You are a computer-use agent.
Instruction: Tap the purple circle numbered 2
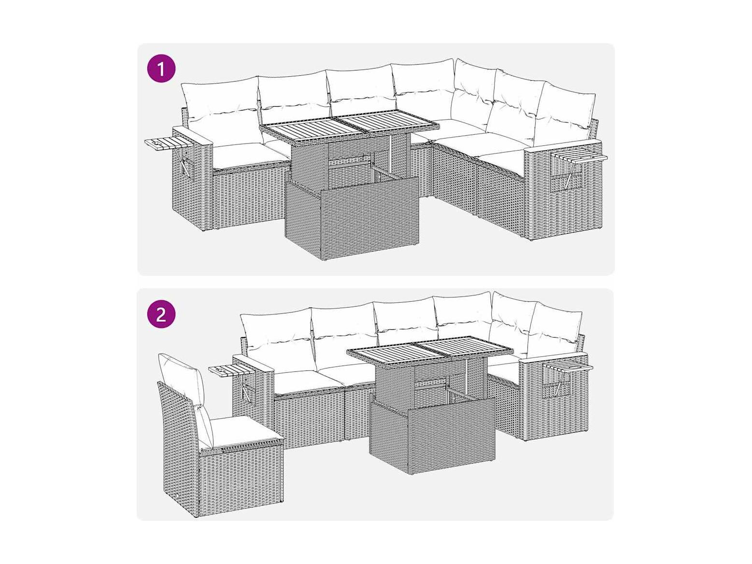(x=161, y=313)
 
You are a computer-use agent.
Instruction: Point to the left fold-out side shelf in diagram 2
(x=232, y=370)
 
